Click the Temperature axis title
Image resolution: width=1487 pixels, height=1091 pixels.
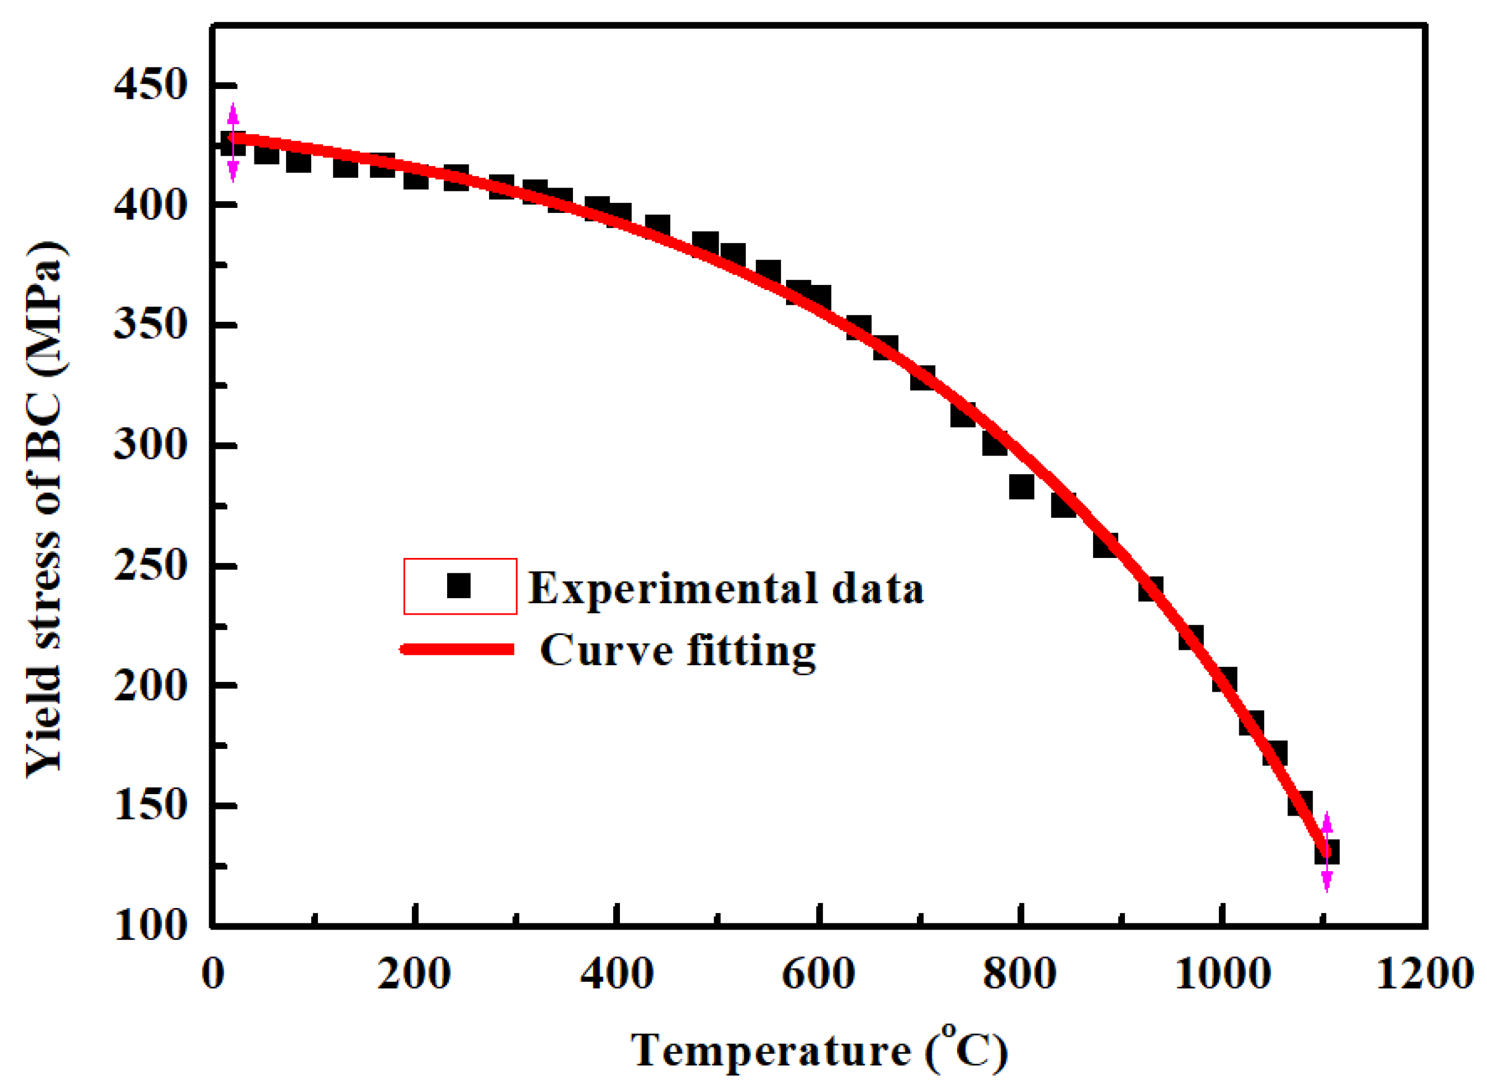pos(819,1050)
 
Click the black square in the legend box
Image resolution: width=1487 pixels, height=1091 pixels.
pos(458,586)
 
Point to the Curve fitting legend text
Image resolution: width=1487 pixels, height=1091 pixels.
pos(677,650)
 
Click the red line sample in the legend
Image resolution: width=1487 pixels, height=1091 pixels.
pos(458,650)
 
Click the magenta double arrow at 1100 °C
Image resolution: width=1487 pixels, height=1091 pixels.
pos(1327,852)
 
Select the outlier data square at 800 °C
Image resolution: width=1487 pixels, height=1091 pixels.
pos(1021,487)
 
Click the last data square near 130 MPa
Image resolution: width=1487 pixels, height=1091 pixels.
pos(1328,852)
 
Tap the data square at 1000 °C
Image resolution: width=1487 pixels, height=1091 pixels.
pos(1224,679)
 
